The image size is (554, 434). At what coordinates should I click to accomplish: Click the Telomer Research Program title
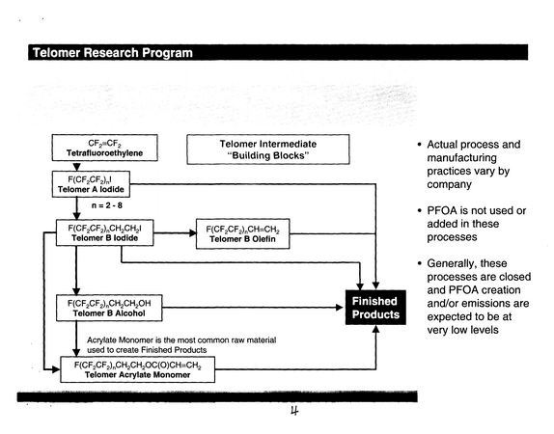113,53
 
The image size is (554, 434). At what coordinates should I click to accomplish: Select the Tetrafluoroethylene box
105,148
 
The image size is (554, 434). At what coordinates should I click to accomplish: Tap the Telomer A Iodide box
91,184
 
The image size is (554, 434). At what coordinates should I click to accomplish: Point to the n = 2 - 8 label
107,205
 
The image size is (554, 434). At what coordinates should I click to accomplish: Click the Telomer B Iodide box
105,232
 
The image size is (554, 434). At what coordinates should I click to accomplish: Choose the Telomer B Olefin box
242,233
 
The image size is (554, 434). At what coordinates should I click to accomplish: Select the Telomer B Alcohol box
109,308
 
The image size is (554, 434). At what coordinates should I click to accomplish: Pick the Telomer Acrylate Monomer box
138,369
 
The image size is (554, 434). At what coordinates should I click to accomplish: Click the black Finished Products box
375,308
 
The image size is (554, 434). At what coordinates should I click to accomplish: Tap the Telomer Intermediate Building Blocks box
268,149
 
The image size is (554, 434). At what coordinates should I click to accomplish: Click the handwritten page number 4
294,411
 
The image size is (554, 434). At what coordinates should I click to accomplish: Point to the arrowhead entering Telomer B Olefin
193,233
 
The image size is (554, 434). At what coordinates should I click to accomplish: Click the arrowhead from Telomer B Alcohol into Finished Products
339,308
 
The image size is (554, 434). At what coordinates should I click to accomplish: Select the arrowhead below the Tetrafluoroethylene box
76,167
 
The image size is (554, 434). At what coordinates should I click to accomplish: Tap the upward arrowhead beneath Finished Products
376,329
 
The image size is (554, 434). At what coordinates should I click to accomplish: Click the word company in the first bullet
449,184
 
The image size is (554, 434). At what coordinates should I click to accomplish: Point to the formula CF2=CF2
104,144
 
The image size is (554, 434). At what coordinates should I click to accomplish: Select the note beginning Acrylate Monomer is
181,345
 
